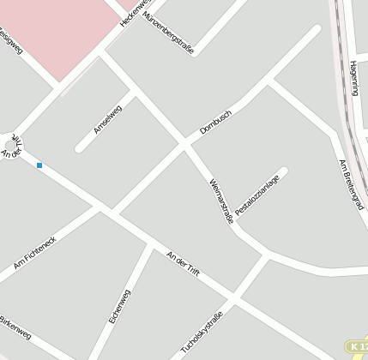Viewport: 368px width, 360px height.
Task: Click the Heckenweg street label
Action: coord(136,12)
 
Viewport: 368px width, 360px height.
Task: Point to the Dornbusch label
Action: coord(216,120)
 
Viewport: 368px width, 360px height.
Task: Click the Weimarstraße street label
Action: coord(221,200)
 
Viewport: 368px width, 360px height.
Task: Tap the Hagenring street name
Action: coord(355,78)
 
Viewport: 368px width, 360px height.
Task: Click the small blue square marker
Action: coord(39,165)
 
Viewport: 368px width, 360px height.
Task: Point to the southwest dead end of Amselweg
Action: coord(79,149)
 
